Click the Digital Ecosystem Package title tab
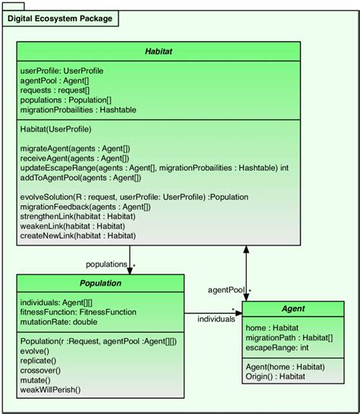(60, 17)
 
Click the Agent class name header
(293, 310)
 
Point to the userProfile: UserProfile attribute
(62, 71)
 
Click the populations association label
(106, 264)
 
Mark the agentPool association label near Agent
(226, 290)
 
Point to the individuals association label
(216, 319)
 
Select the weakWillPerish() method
(50, 390)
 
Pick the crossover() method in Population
(43, 371)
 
